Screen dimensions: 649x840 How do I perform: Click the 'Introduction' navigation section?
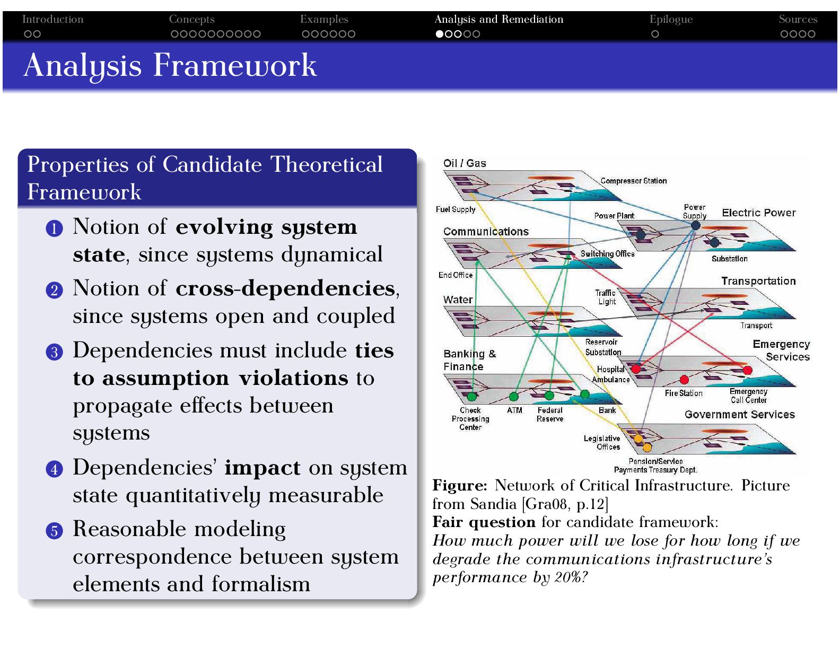tap(52, 20)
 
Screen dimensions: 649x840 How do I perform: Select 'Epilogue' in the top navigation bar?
tap(671, 20)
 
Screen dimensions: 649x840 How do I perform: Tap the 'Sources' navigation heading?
tap(798, 20)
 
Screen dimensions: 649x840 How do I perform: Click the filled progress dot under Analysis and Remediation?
tap(440, 34)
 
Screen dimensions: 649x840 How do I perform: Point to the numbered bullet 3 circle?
tap(54, 352)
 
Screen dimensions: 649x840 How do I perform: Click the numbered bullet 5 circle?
tap(54, 530)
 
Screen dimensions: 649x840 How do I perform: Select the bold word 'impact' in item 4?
tap(262, 468)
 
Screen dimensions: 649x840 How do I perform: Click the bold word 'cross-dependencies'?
tap(285, 288)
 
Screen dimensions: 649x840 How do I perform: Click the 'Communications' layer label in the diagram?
tap(486, 232)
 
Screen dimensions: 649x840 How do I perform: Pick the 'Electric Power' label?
tap(758, 213)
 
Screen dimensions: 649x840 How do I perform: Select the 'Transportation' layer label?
tap(758, 281)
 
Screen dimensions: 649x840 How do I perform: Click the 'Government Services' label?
tap(739, 415)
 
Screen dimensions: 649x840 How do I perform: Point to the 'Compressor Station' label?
tap(633, 181)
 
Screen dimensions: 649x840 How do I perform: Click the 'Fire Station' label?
tap(683, 393)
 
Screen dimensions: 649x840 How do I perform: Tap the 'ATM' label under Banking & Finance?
tap(514, 410)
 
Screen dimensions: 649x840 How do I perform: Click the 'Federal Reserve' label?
tap(550, 415)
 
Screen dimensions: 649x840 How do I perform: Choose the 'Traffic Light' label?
tap(606, 297)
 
